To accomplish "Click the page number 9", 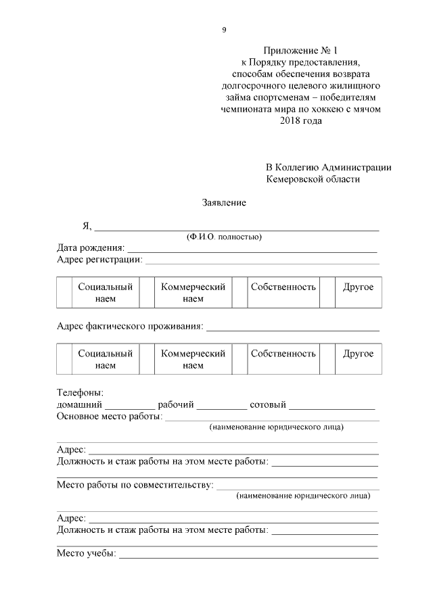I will coord(224,30).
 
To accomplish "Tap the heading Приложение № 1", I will coord(300,51).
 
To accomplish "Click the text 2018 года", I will coord(300,120).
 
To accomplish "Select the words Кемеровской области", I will coord(313,179).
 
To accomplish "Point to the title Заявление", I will coord(223,203).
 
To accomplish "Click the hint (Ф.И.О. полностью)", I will coord(224,237).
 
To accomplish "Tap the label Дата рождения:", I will coord(91,248).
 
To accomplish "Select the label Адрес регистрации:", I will coord(99,259).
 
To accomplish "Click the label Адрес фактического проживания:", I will coord(130,327).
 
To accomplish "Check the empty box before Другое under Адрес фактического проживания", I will coord(327,359).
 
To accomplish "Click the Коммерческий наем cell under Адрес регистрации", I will coord(193,293).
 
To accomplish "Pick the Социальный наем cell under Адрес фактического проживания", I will coord(105,359).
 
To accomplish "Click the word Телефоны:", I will coord(80,393).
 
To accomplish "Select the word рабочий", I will coord(176,405).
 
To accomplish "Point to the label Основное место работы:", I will coord(109,417).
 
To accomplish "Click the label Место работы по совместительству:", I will coord(135,485).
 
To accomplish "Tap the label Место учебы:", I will coord(87,554).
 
